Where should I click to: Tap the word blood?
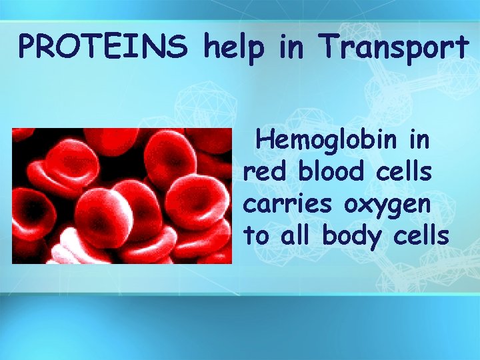point(331,172)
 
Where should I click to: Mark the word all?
point(295,235)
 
